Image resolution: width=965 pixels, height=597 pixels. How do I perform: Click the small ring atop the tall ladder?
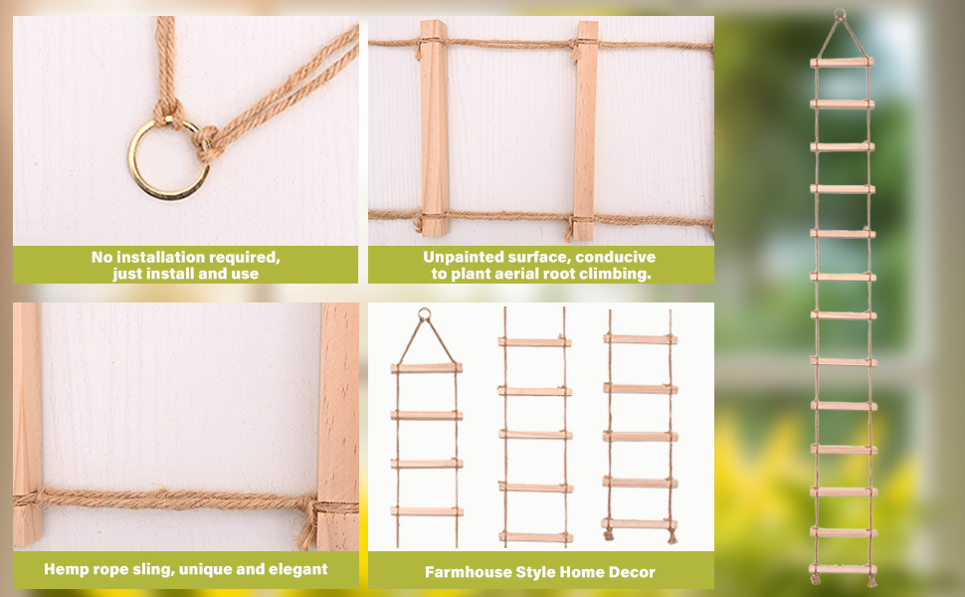tap(840, 14)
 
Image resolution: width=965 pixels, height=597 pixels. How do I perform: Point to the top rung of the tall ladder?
tap(842, 62)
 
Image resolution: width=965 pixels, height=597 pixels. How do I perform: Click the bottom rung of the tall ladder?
tap(844, 569)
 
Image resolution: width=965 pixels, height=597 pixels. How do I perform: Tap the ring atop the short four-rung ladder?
tap(424, 314)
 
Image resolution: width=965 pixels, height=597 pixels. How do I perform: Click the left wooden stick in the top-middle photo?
tap(434, 128)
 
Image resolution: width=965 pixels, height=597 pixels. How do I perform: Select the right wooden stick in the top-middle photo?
tap(585, 130)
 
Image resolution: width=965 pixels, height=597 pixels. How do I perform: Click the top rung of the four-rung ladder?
tap(426, 368)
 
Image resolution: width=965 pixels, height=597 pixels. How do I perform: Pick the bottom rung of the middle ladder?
tap(535, 537)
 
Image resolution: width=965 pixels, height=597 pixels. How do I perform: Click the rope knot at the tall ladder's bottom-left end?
tap(816, 578)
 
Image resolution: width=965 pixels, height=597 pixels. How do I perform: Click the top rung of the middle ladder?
tap(534, 342)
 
